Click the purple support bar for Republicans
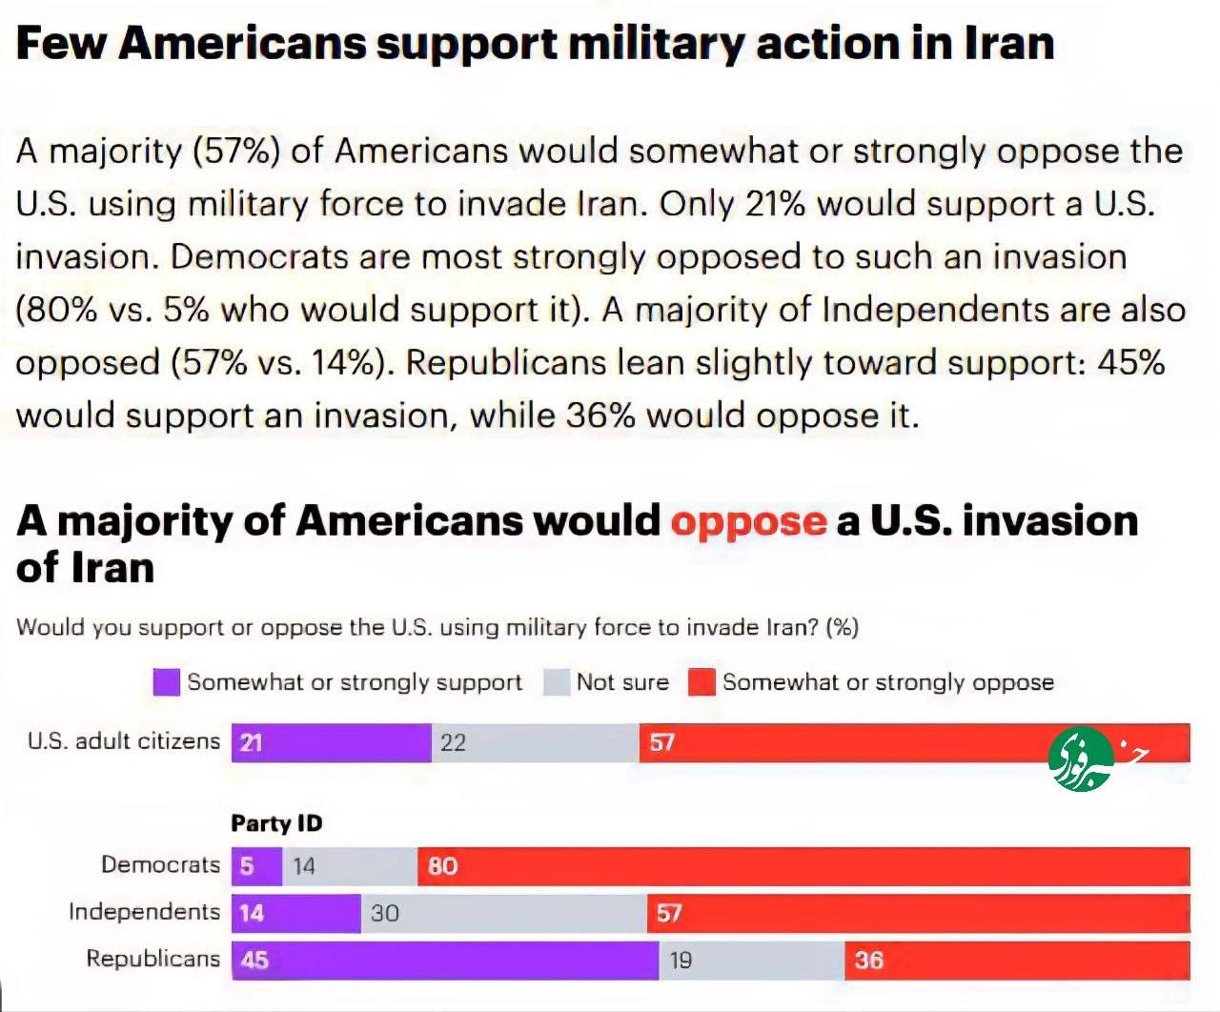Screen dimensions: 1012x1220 [445, 960]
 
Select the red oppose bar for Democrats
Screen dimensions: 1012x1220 [803, 866]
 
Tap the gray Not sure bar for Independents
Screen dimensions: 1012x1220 [503, 913]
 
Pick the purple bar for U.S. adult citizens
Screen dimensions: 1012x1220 [331, 742]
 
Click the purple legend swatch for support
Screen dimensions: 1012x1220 [166, 682]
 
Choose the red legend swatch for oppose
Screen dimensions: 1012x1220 [701, 682]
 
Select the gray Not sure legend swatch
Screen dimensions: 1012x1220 [556, 682]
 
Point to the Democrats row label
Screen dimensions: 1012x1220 [160, 864]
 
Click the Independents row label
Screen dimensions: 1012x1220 [144, 912]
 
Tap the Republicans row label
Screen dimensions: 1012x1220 [152, 959]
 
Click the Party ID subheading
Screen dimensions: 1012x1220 [276, 823]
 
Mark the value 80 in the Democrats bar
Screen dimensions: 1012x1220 [442, 866]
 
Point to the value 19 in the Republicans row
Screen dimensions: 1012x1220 [681, 960]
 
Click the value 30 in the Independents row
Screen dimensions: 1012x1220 [385, 913]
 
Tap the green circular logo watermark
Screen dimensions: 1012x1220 [1080, 759]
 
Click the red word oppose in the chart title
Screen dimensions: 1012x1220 [748, 521]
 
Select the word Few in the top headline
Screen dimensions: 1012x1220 [61, 43]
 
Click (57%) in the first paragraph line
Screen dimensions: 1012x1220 [235, 151]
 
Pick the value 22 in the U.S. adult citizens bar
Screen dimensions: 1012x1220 [453, 742]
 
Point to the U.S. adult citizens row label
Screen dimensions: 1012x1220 [123, 740]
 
